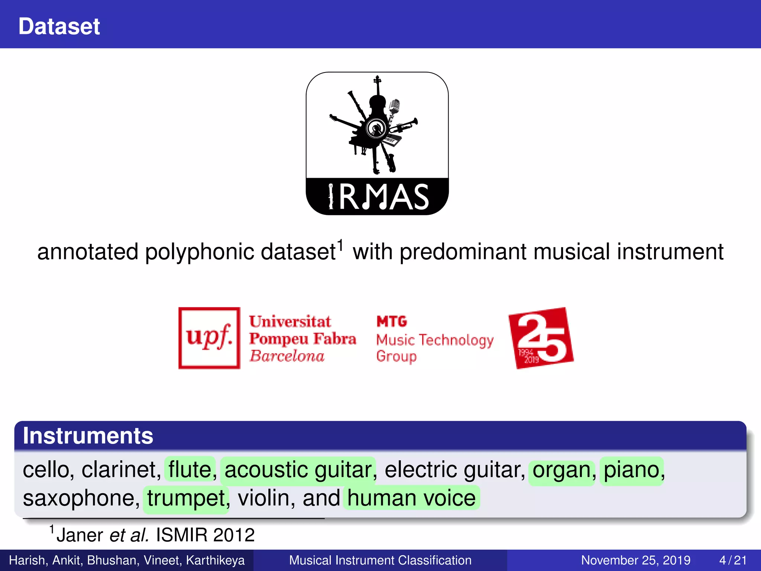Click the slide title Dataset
tap(59, 26)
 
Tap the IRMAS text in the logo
tap(379, 197)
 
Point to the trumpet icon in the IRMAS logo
tap(407, 125)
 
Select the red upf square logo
tap(209, 338)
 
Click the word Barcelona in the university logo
tap(287, 356)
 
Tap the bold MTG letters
tap(392, 321)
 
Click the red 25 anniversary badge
tap(541, 338)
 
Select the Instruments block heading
tap(88, 436)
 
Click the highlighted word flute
tap(190, 470)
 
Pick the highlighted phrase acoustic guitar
tap(298, 470)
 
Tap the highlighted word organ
tap(561, 470)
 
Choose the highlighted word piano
tap(631, 470)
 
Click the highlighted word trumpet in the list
tap(186, 498)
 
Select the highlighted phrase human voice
tap(411, 498)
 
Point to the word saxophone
tap(81, 498)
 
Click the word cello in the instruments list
tap(46, 470)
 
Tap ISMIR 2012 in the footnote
tap(205, 535)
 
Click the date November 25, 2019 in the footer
tap(635, 560)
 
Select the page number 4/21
tap(733, 560)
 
